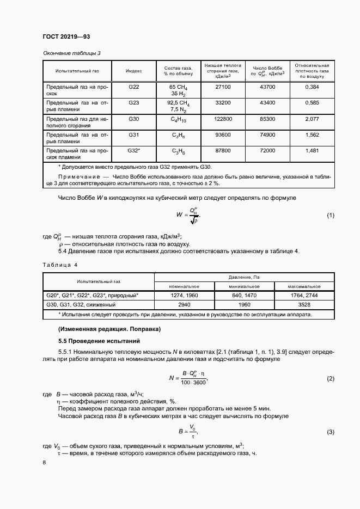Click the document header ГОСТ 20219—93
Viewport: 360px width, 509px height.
click(66, 36)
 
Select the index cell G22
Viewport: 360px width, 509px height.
click(134, 87)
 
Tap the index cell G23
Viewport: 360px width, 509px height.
click(134, 102)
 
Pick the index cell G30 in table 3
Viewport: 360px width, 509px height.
click(134, 118)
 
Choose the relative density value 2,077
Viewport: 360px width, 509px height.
click(312, 118)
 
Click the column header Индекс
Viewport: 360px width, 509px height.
click(134, 71)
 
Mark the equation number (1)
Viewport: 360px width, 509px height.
click(330, 216)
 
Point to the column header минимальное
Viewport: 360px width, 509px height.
click(243, 286)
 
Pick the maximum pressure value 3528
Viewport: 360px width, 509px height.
click(304, 305)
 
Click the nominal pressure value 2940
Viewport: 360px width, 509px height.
click(184, 305)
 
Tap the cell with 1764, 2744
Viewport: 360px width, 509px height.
click(304, 296)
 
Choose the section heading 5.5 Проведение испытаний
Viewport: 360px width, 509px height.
click(91, 341)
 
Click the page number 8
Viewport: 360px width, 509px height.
click(44, 462)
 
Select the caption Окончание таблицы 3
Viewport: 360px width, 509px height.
click(72, 52)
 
